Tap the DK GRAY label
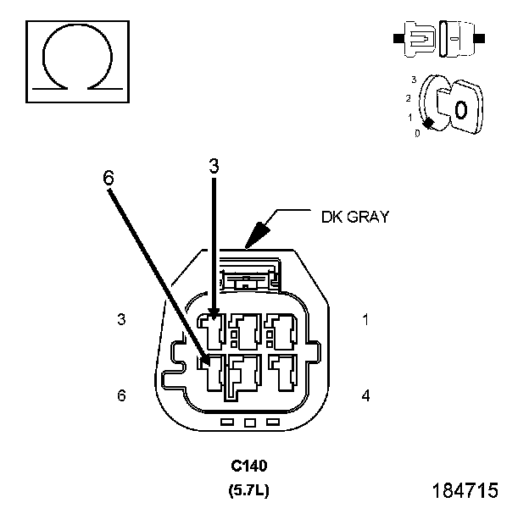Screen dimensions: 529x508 coord(355,217)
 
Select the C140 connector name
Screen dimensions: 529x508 coord(249,466)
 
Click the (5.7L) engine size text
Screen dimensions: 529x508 coord(249,490)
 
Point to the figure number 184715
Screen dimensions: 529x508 coord(465,490)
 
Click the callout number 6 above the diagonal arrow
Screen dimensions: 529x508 coord(109,178)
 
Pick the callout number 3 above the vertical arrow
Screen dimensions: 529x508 coord(214,166)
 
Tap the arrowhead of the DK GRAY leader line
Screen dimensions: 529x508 coord(257,235)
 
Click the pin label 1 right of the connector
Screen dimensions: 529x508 coord(365,319)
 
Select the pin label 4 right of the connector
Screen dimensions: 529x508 coord(365,395)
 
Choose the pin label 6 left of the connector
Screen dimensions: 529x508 coord(121,395)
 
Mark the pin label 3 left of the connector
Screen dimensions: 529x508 coord(121,319)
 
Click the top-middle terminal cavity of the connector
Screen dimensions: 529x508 coord(245,332)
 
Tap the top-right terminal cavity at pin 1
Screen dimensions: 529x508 coord(281,332)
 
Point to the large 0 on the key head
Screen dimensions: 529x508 coord(461,110)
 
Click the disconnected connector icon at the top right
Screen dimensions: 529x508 coord(439,39)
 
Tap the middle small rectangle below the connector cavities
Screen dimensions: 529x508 coord(249,422)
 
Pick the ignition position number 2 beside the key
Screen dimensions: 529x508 coord(409,98)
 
